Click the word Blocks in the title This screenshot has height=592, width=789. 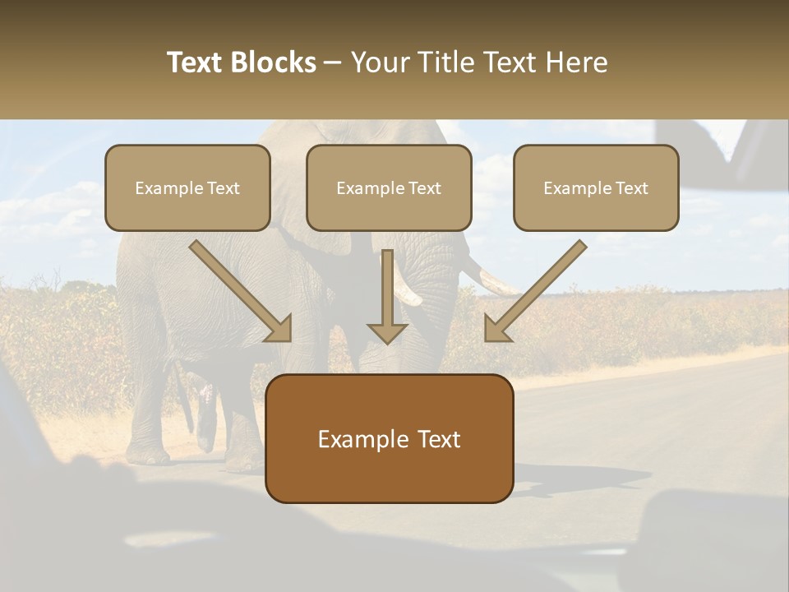click(x=274, y=62)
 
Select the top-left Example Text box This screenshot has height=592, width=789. click(x=187, y=187)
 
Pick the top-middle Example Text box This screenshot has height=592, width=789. click(x=389, y=187)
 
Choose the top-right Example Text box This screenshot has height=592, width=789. click(x=596, y=187)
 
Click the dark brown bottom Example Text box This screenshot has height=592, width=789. click(x=389, y=438)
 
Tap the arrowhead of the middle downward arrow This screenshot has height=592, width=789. click(x=387, y=332)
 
